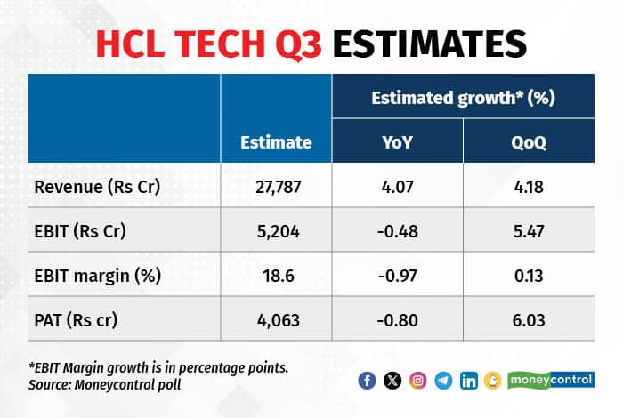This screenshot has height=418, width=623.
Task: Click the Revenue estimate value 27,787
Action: (x=276, y=188)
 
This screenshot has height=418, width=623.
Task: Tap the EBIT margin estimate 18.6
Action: (x=276, y=275)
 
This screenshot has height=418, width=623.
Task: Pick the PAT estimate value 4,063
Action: (x=276, y=318)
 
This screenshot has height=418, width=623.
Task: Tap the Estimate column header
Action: (x=276, y=141)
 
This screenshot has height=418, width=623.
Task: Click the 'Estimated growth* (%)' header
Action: (x=463, y=97)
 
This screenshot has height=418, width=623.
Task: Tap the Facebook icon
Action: (x=367, y=381)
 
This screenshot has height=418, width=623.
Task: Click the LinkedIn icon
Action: (x=469, y=381)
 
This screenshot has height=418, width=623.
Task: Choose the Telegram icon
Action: (x=443, y=381)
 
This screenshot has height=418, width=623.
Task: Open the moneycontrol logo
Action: (x=550, y=381)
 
